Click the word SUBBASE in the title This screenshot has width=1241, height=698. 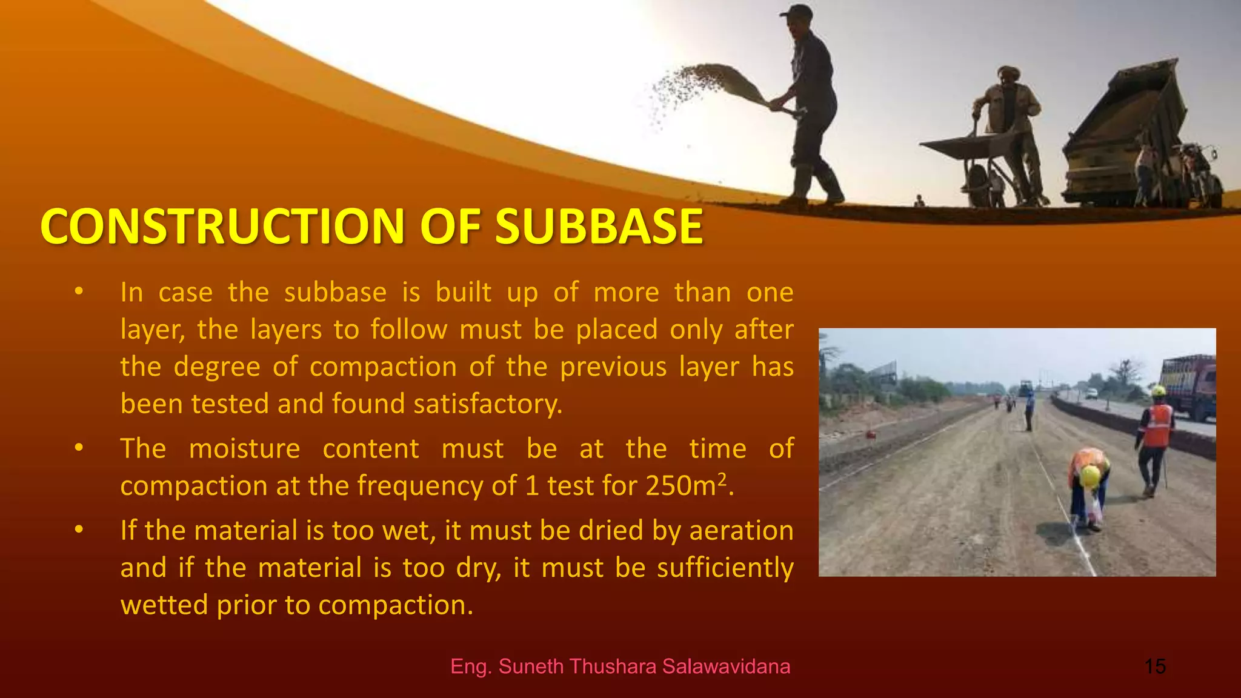click(x=599, y=227)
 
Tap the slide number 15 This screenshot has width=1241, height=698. click(x=1155, y=666)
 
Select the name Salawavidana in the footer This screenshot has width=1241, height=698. click(x=726, y=666)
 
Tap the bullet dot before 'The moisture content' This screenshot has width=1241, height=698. click(x=78, y=448)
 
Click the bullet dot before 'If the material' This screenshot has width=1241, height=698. click(x=78, y=530)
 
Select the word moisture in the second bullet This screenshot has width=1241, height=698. click(x=244, y=449)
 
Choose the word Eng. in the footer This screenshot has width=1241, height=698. click(x=471, y=666)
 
